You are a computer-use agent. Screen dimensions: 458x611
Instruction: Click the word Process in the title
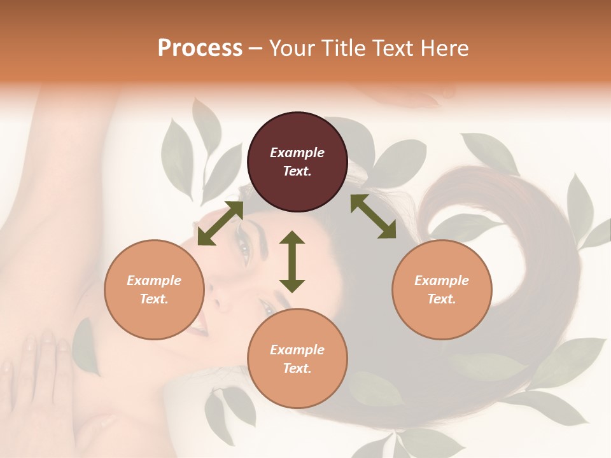tap(200, 48)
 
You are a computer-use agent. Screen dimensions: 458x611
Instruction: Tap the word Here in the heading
tap(443, 48)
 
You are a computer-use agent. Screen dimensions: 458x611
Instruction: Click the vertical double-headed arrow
tap(292, 261)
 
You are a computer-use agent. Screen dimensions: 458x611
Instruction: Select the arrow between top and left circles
tap(220, 223)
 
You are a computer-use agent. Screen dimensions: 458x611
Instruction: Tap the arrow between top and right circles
tap(373, 216)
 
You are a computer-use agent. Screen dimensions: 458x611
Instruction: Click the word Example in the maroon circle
tap(297, 153)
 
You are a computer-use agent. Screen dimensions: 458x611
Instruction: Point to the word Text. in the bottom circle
tap(297, 368)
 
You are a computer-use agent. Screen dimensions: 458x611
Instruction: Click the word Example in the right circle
tap(442, 281)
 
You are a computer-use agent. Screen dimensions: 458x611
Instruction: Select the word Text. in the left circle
tap(154, 299)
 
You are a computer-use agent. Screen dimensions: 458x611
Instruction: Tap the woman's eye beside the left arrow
tap(244, 250)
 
